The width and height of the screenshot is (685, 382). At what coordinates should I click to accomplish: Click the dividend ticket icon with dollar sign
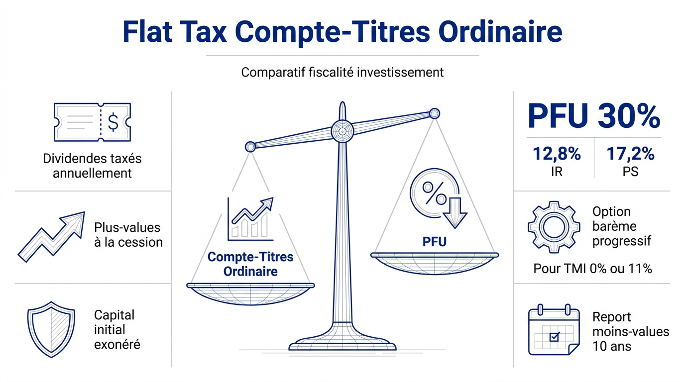(92, 122)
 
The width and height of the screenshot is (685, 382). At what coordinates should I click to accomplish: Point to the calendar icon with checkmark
(554, 332)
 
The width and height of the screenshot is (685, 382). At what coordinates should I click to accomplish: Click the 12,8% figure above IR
(556, 154)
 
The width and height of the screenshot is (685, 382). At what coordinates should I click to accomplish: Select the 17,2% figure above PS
(630, 154)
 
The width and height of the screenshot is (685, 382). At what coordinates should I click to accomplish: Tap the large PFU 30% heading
(593, 116)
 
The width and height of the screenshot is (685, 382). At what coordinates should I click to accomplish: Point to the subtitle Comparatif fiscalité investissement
(342, 72)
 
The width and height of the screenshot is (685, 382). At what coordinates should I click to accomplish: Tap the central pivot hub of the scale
(342, 131)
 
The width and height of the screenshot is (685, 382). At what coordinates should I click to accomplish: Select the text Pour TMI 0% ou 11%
(592, 269)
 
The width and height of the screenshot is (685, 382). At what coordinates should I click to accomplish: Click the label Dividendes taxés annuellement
(92, 166)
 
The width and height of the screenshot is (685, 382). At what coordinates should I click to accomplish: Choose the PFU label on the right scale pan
(434, 242)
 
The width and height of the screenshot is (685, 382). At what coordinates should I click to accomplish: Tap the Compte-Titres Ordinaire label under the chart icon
(250, 264)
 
